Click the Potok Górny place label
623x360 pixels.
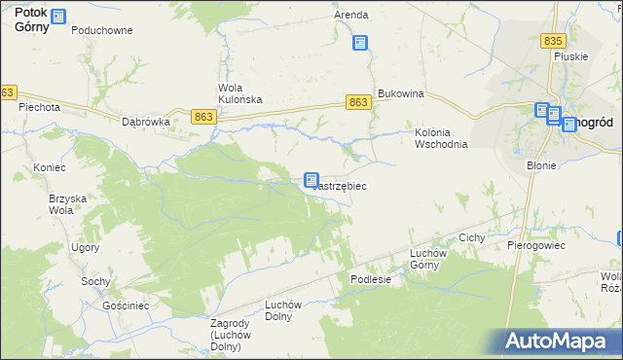[24, 20]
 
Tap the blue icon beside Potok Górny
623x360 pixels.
[58, 17]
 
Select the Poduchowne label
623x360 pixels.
[101, 30]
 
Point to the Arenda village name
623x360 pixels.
[350, 16]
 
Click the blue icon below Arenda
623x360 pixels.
[360, 43]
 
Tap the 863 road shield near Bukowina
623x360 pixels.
[357, 102]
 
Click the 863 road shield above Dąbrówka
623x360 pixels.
[203, 117]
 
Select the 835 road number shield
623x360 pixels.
[554, 41]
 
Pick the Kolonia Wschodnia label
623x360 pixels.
[442, 138]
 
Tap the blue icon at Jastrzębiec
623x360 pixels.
[311, 180]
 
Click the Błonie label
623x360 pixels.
[541, 165]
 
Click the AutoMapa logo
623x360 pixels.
[560, 341]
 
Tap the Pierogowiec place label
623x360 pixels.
[536, 245]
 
